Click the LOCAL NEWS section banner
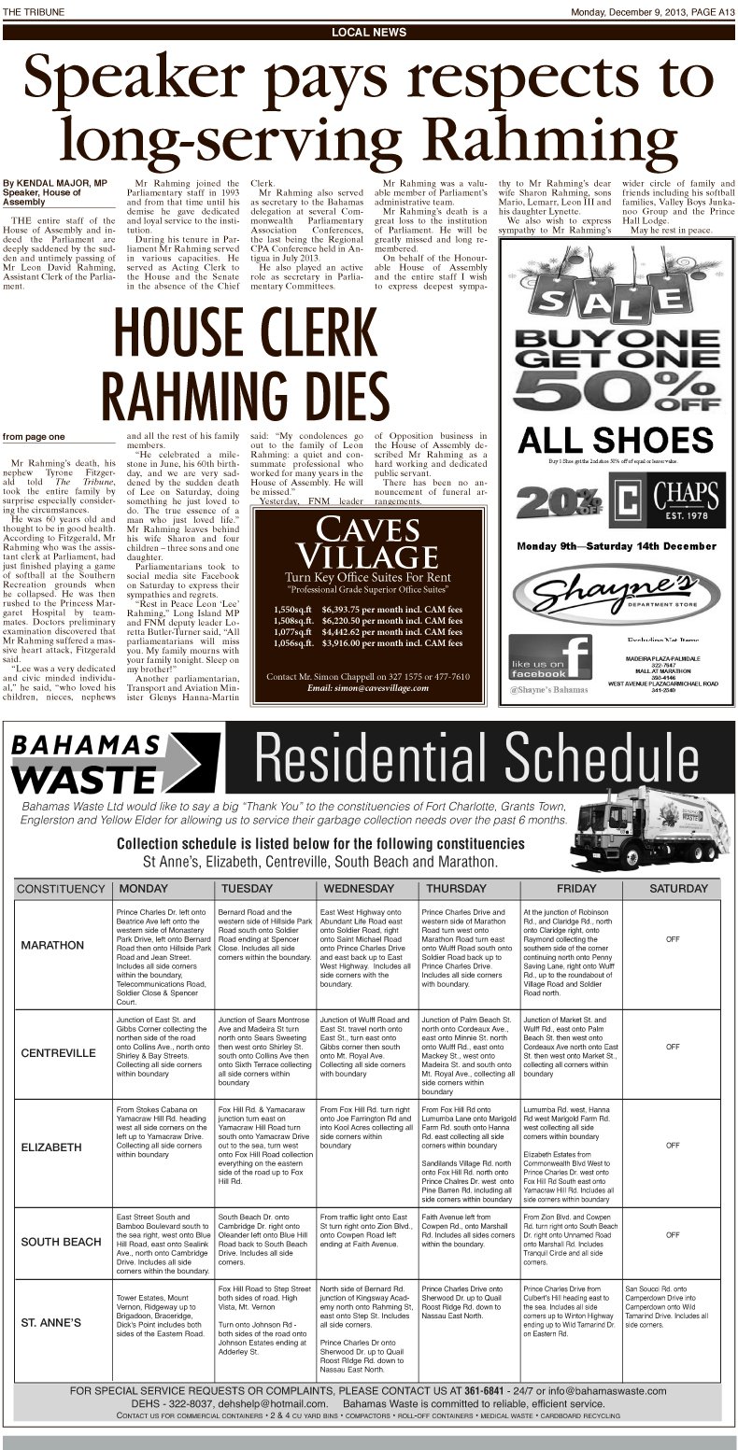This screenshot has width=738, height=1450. (x=369, y=32)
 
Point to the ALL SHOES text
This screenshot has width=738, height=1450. (x=617, y=440)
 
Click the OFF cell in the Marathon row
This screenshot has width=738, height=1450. (x=672, y=939)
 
